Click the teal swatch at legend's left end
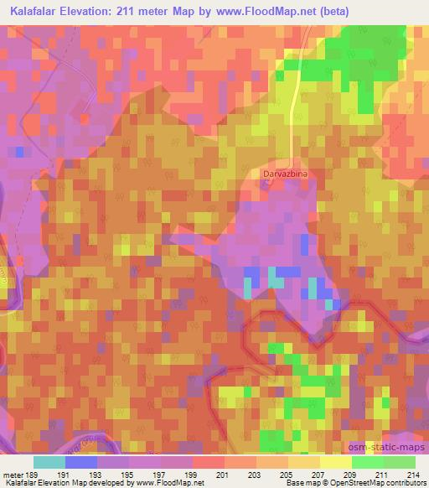click(49, 461)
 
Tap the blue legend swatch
click(81, 461)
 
